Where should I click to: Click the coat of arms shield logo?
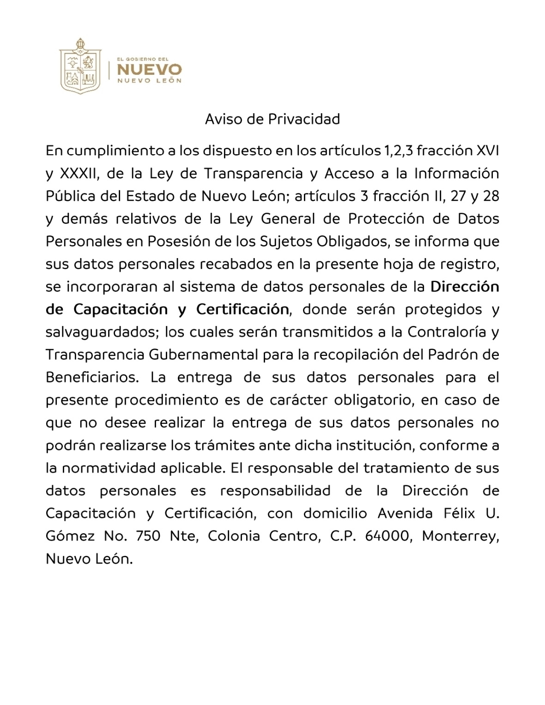80,66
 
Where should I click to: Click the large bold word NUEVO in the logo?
149,70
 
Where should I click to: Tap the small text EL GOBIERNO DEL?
143,59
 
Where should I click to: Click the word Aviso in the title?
224,119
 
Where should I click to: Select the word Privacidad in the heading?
304,119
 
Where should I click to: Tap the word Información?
456,174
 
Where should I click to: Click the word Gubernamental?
203,355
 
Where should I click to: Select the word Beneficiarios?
92,377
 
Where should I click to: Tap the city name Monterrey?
460,536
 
